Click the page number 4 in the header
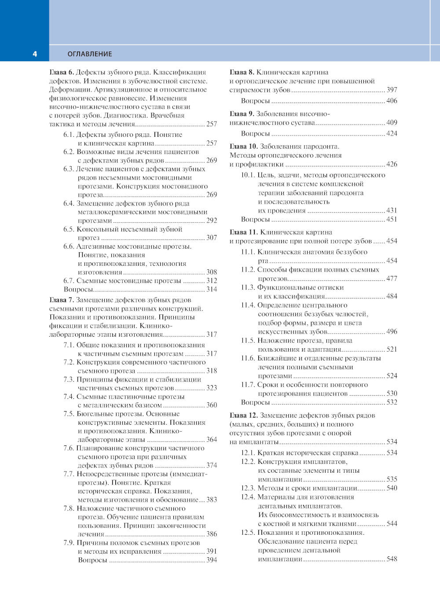[35, 54]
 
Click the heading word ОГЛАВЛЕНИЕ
[90, 54]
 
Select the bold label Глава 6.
[62, 73]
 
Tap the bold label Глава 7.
[62, 300]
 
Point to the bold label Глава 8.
[242, 73]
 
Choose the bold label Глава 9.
[242, 114]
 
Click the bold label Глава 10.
[244, 147]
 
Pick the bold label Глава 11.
[244, 232]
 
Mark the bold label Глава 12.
[244, 415]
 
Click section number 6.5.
[69, 229]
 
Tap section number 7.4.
[69, 397]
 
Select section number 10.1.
[248, 175]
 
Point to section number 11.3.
[248, 287]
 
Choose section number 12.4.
[248, 497]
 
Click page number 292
[212, 221]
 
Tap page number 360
[212, 405]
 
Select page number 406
[392, 101]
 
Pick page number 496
[392, 331]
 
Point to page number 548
[392, 559]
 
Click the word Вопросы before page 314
[78, 290]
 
